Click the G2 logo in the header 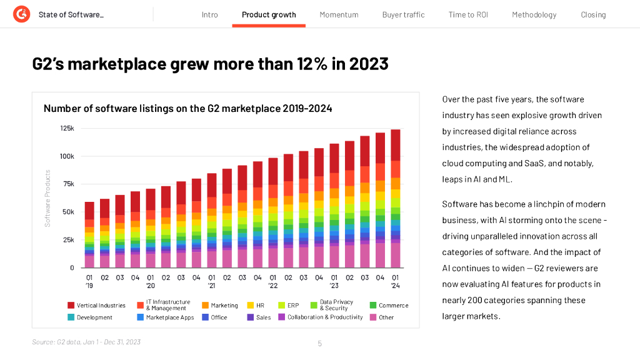click(21, 14)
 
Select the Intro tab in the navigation click(210, 14)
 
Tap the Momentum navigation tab click(339, 14)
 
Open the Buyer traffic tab click(403, 14)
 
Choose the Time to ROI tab click(468, 14)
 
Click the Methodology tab click(534, 14)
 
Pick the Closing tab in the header click(593, 14)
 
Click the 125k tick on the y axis click(67, 129)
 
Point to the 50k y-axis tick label click(68, 212)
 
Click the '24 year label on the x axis click(396, 286)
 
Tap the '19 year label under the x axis click(89, 286)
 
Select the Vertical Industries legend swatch click(71, 306)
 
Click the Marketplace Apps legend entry click(170, 317)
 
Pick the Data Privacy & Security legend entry click(336, 305)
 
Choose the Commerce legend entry click(393, 306)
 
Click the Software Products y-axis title click(47, 198)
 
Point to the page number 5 click(319, 343)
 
